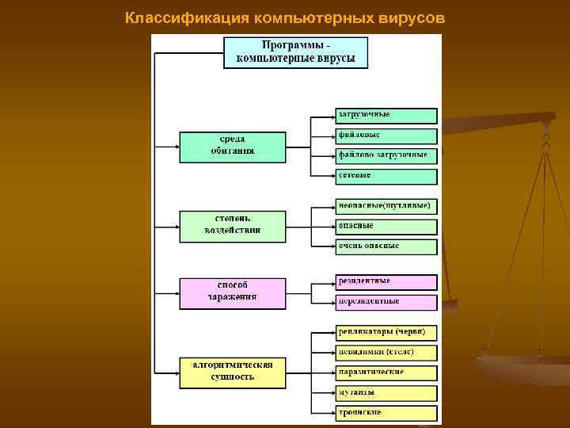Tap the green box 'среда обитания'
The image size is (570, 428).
pos(232,145)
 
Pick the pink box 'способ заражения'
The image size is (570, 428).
pos(232,292)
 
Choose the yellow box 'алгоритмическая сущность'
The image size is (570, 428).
pos(232,371)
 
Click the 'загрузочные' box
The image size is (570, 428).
pos(386,116)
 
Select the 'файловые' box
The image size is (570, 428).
pos(386,136)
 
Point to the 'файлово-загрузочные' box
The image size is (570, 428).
pos(386,156)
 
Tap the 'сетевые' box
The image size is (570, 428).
pos(386,176)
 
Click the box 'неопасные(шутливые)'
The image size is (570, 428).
pos(386,206)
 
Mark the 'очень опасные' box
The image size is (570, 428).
pos(386,246)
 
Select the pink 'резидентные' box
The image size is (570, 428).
pos(386,281)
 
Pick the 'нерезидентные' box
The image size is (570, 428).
pos(386,302)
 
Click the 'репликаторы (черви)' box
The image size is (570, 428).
pos(386,331)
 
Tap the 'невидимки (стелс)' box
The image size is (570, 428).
pos(386,352)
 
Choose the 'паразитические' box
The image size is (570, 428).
pos(386,373)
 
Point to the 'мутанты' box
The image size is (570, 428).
pos(386,393)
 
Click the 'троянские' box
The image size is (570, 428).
pos(386,413)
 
